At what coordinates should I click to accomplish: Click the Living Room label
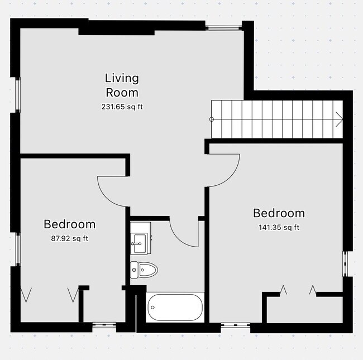pos(122,85)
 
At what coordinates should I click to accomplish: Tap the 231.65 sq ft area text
pos(122,107)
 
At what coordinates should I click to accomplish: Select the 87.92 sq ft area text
pos(69,239)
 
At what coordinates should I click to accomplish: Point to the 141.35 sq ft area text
pos(279,227)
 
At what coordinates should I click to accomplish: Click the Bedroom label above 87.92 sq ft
pos(69,224)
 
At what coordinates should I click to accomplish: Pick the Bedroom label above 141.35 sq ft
pos(279,213)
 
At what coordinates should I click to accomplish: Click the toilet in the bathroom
pos(144,270)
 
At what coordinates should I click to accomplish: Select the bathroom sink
pos(140,240)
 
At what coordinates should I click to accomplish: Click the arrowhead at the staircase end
pos(338,118)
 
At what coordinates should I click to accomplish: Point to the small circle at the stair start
pos(212,119)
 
